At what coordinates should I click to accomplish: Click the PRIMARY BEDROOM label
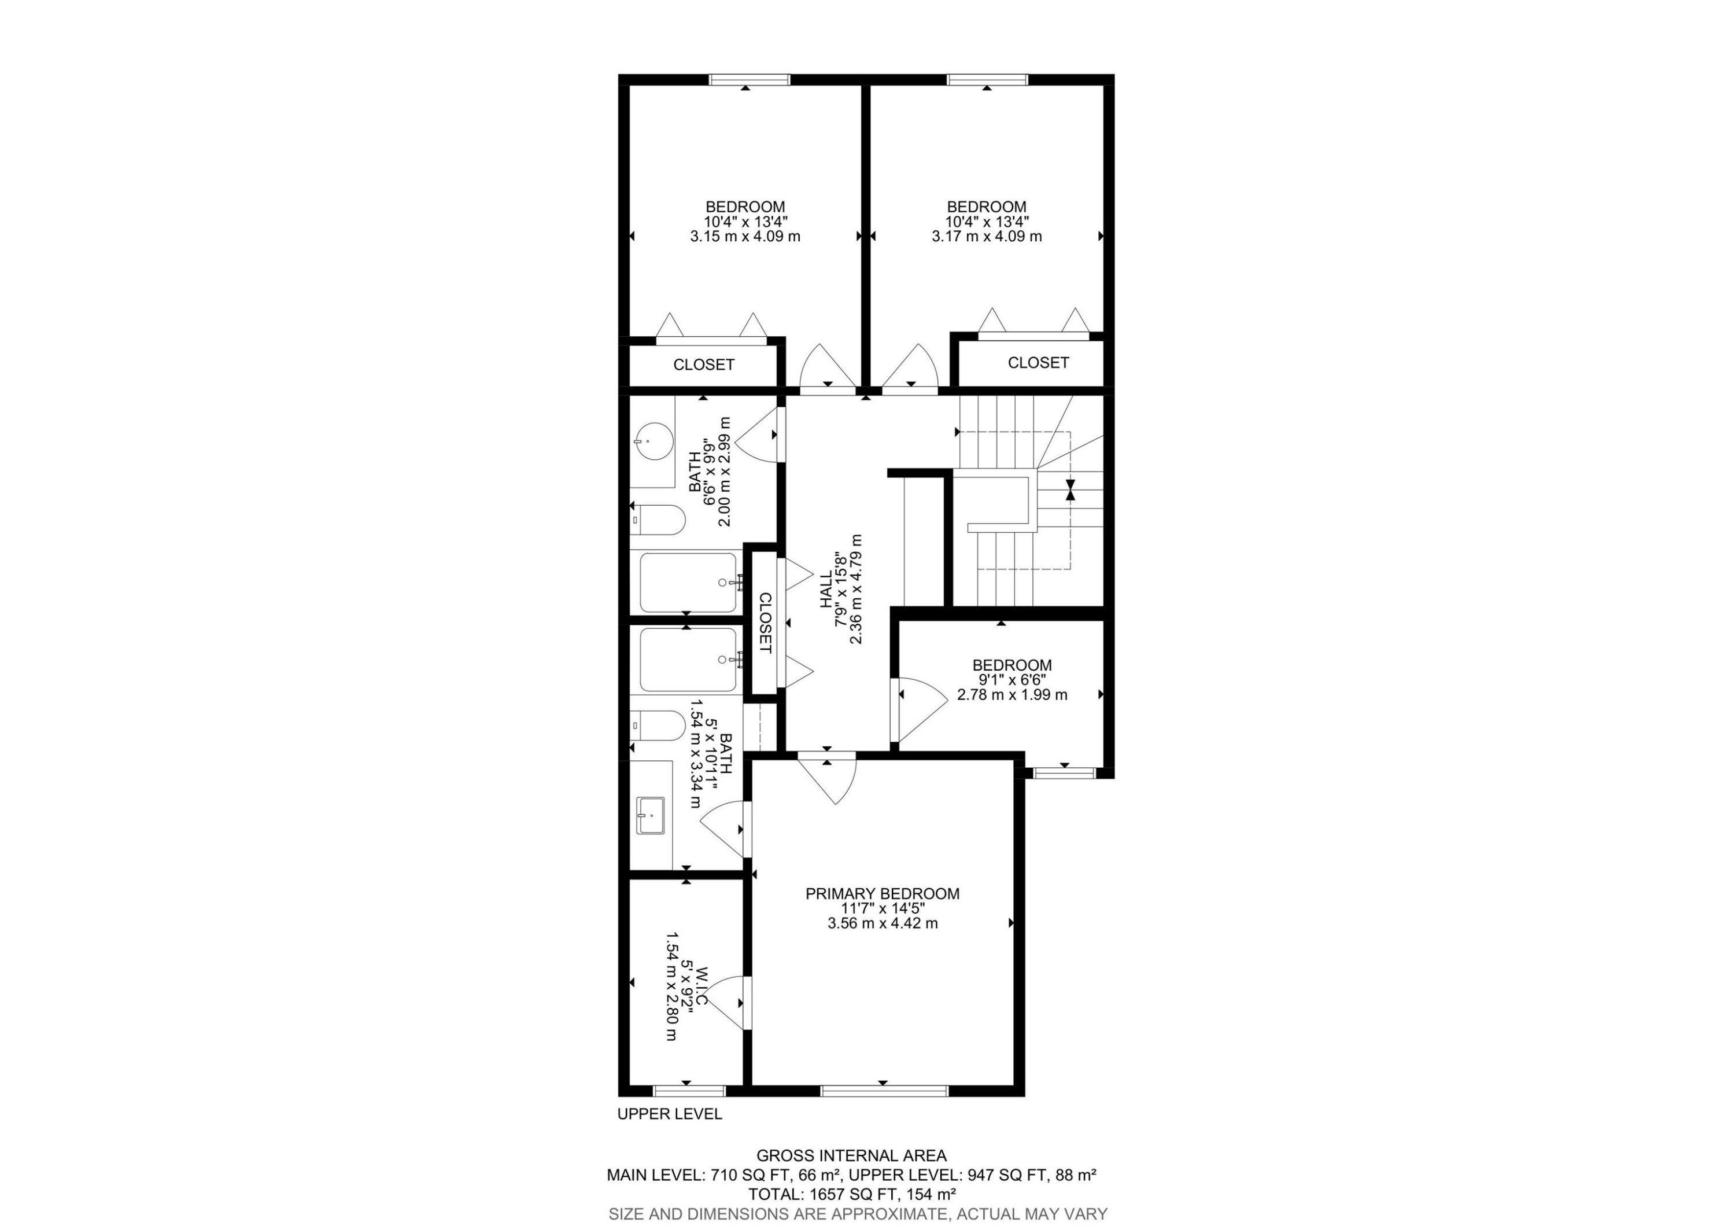(x=882, y=893)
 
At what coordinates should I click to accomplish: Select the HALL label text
(x=826, y=590)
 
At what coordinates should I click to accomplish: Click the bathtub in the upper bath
(x=688, y=582)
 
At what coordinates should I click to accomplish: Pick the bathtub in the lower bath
(x=688, y=659)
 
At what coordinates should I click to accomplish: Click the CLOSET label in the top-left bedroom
(x=703, y=365)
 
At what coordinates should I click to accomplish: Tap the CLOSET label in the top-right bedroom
(x=1038, y=363)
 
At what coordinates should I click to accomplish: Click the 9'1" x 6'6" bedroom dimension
(x=1012, y=679)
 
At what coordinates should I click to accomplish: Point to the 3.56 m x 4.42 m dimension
(x=882, y=923)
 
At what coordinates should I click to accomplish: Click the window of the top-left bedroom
(x=749, y=79)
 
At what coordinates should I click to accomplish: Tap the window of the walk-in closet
(x=688, y=1091)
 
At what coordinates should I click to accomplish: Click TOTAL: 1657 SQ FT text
(x=852, y=1194)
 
